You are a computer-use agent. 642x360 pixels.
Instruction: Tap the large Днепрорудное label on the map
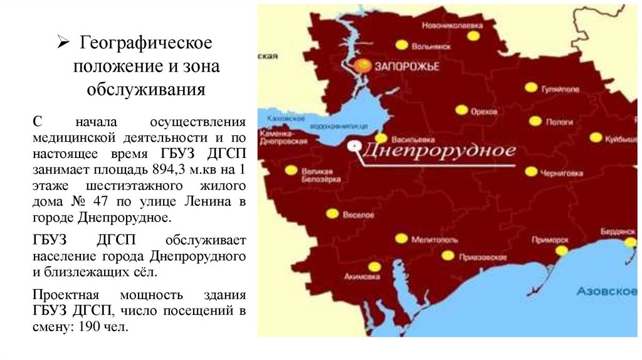[x=439, y=151]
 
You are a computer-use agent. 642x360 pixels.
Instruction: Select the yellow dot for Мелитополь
[x=401, y=238]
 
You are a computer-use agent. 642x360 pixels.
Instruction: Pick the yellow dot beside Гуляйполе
[x=531, y=88]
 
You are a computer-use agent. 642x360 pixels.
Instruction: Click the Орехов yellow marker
[x=461, y=110]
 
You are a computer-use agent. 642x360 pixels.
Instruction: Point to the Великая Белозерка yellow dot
[x=291, y=169]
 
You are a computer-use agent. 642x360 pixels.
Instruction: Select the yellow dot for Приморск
[x=562, y=250]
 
